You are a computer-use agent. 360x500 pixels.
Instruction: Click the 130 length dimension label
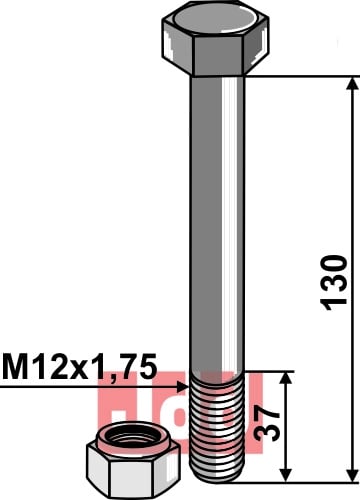click(334, 283)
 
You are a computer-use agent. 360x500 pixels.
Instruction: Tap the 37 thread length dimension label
click(267, 423)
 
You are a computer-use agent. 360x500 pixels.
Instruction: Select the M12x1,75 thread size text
click(79, 366)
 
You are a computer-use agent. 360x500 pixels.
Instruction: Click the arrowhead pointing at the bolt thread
click(183, 387)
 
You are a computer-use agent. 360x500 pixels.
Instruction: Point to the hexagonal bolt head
click(215, 38)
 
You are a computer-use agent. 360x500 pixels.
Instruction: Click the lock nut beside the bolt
click(133, 461)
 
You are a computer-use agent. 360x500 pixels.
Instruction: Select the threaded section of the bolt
click(217, 427)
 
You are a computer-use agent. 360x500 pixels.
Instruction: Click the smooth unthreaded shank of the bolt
click(217, 224)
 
